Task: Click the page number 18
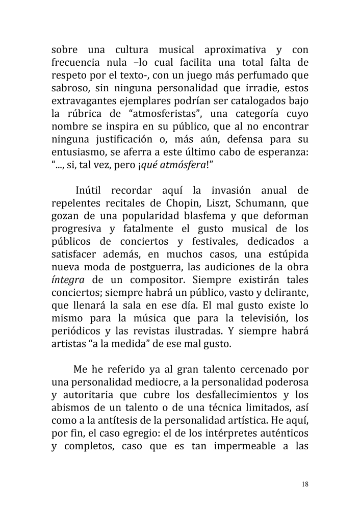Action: coord(304,484)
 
